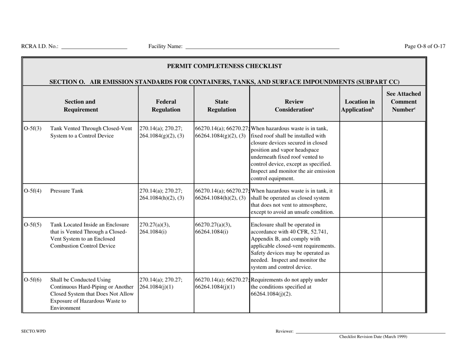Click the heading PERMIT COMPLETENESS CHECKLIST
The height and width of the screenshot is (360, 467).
click(224, 65)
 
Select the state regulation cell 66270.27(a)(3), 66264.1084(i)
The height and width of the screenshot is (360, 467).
click(212, 229)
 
